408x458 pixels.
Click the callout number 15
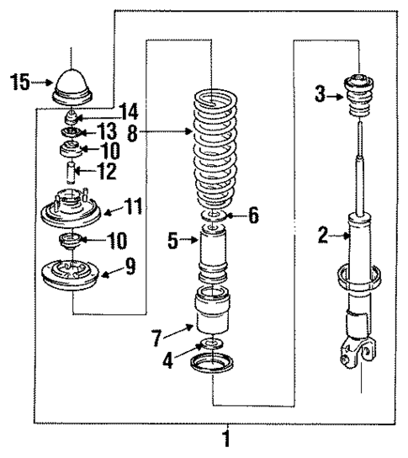coord(19,83)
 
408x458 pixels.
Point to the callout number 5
coord(172,242)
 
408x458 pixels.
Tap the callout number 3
coord(321,94)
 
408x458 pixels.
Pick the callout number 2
coord(321,237)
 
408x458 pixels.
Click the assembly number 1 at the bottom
coord(225,439)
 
